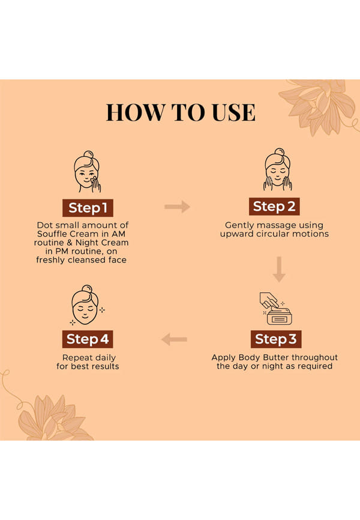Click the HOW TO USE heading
pyautogui.click(x=181, y=112)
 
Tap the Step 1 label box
pyautogui.click(x=88, y=208)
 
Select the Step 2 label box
pyautogui.click(x=274, y=207)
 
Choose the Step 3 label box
pyautogui.click(x=276, y=339)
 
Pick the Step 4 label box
pyautogui.click(x=88, y=339)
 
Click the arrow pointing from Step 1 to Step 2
pyautogui.click(x=177, y=207)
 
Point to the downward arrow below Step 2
pyautogui.click(x=279, y=269)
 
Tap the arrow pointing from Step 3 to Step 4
pyautogui.click(x=175, y=339)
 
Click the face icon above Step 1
pyautogui.click(x=87, y=172)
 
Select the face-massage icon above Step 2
pyautogui.click(x=278, y=169)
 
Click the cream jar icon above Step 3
pyautogui.click(x=276, y=309)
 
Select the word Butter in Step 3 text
pyautogui.click(x=273, y=357)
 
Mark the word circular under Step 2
pyautogui.click(x=274, y=234)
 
